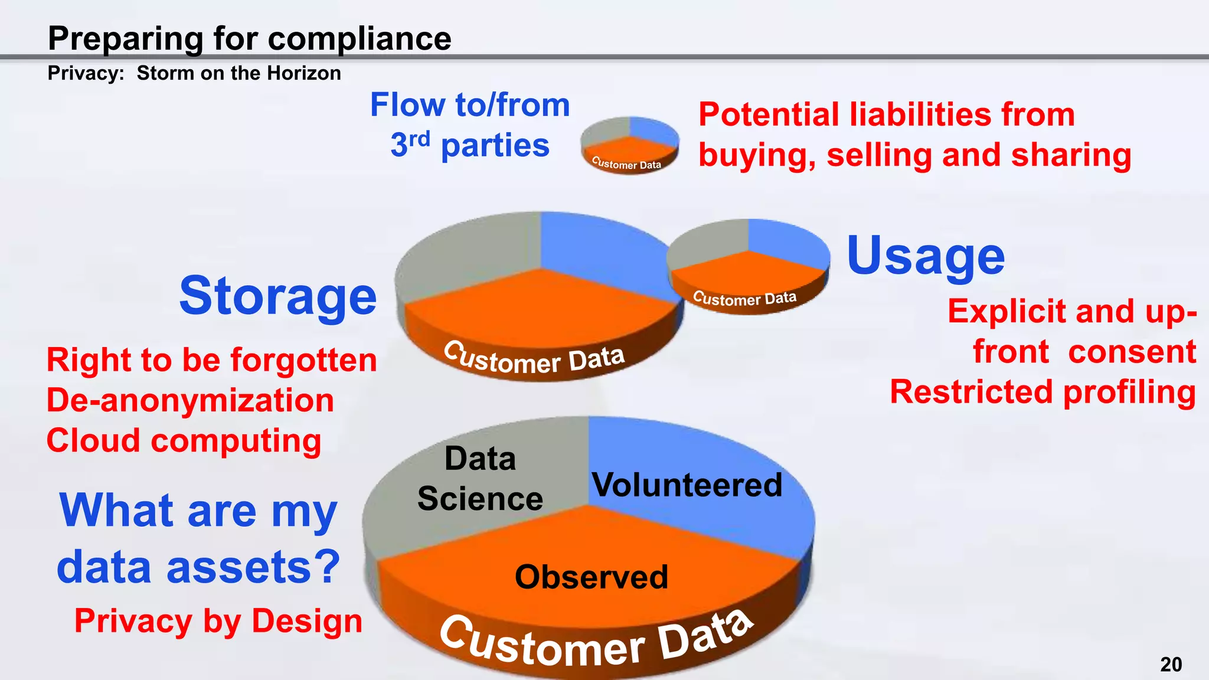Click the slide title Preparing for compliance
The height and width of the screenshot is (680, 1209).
point(249,39)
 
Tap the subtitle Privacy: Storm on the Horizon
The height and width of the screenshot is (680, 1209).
point(194,73)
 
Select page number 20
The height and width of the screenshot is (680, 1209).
point(1171,665)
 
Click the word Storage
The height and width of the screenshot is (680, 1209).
point(277,296)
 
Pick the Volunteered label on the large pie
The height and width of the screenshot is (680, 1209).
point(687,485)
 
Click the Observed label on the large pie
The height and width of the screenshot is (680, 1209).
point(592,577)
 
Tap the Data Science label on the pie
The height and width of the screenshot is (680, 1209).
point(480,479)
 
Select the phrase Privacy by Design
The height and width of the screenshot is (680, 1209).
point(218,621)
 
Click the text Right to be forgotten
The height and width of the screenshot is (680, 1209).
point(211,360)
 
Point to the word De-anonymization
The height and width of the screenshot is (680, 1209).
point(190,400)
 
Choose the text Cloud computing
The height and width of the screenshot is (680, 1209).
point(184,441)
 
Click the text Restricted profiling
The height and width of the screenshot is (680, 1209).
point(1043,393)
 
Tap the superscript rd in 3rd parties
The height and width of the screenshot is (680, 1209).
point(419,139)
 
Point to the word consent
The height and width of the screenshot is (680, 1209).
point(1132,352)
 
